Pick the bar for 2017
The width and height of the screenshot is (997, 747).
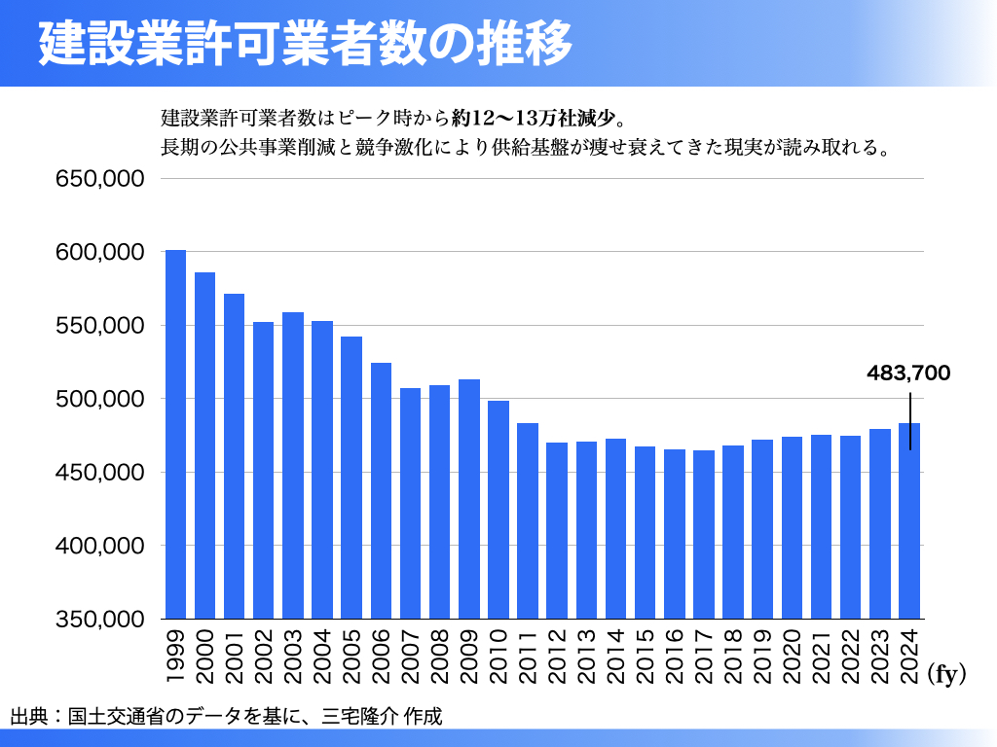tap(704, 534)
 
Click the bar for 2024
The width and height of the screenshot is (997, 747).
tap(909, 525)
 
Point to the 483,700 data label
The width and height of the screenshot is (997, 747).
tap(908, 373)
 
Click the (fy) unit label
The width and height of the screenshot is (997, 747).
tap(946, 675)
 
